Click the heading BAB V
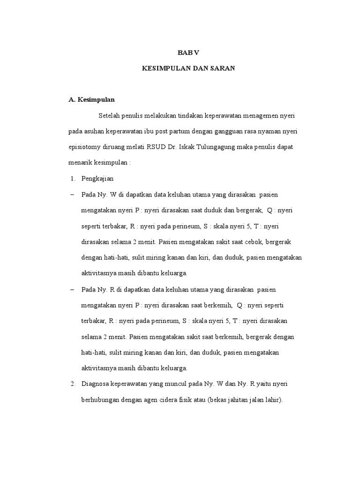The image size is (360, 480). coord(188,52)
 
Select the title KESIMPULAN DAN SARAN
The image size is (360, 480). coord(188,68)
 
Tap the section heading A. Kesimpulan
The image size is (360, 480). coord(91,99)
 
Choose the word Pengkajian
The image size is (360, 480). coord(97,179)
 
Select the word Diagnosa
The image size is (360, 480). coord(95,385)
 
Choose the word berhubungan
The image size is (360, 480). coord(101,401)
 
